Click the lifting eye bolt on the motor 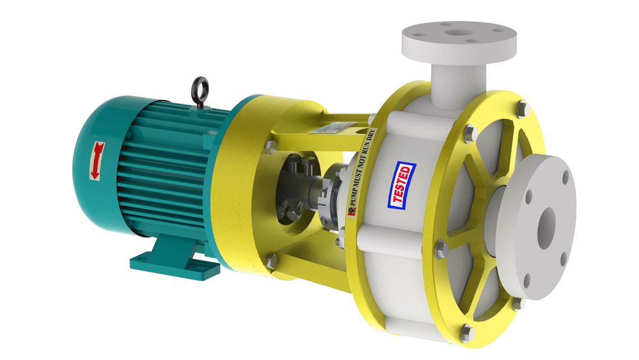(x=199, y=85)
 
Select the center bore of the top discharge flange (x=459, y=30)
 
